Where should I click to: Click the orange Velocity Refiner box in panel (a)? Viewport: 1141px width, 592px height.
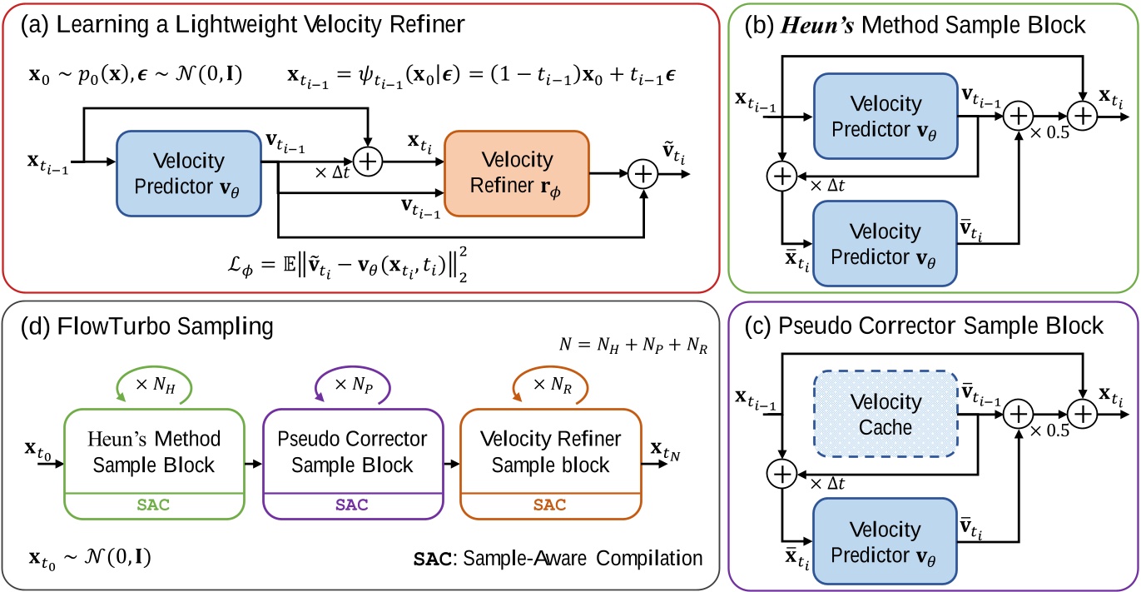click(x=517, y=170)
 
